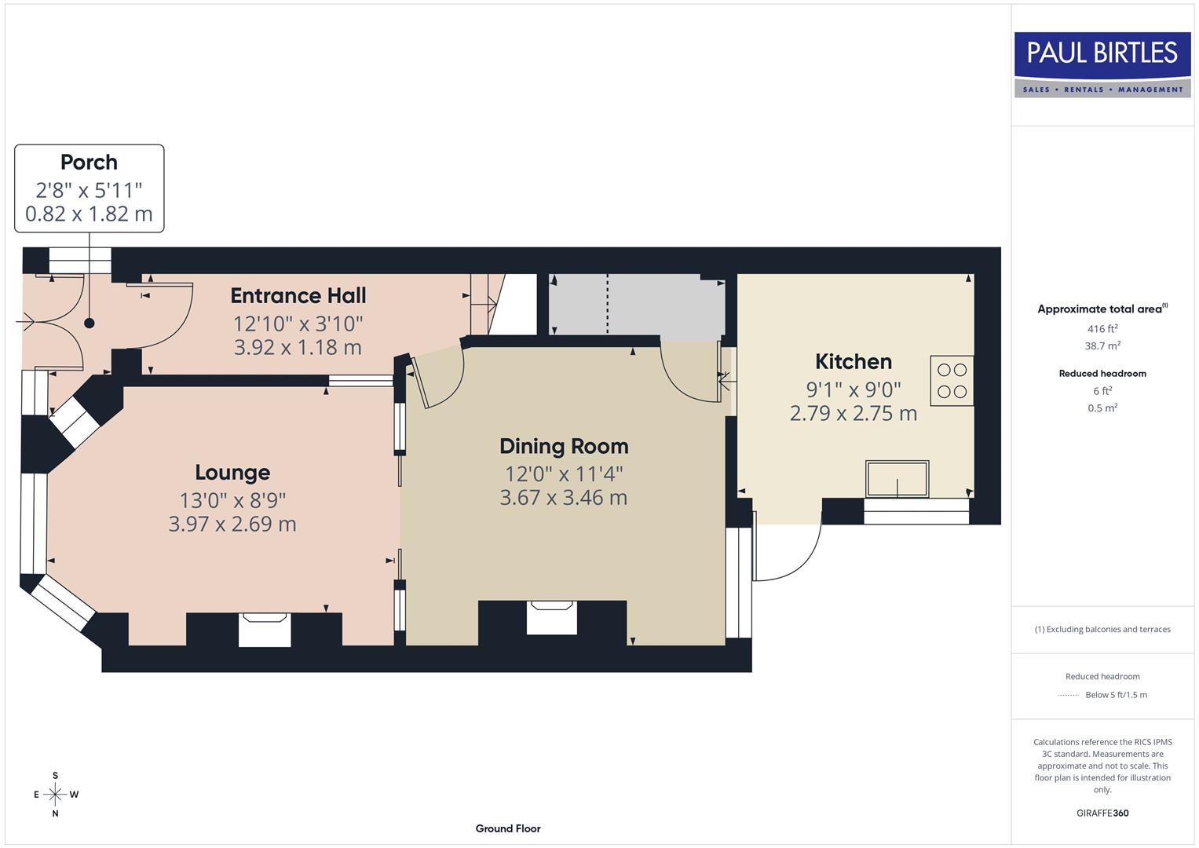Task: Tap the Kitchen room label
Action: (854, 361)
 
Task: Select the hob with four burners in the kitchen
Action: (952, 381)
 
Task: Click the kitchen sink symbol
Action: (897, 479)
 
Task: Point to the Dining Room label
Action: (564, 446)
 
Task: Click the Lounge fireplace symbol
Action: (264, 630)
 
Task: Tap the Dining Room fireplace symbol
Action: (552, 617)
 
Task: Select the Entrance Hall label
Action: (298, 295)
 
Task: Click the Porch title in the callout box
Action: (89, 162)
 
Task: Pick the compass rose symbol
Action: (55, 795)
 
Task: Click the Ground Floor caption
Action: (508, 828)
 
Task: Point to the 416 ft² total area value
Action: (1102, 329)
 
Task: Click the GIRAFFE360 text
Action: (1102, 813)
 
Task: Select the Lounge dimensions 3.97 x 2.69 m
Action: (232, 524)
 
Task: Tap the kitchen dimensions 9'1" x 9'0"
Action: (854, 389)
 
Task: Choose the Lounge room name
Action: (232, 472)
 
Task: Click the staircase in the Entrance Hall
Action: (486, 303)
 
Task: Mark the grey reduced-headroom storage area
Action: (636, 305)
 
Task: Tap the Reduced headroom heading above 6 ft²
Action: (1102, 374)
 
